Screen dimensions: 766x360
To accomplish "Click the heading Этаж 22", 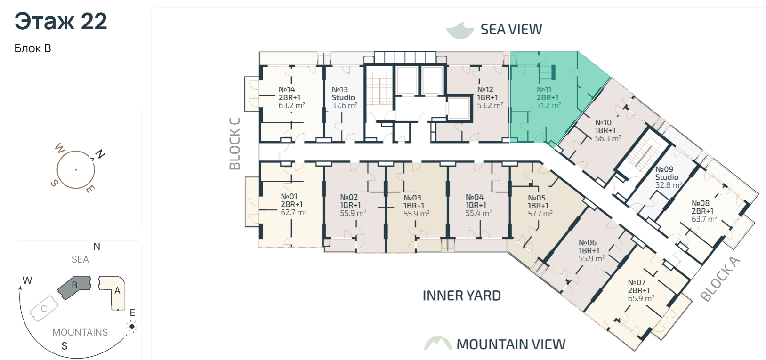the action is [61, 21].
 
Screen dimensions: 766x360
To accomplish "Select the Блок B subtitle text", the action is [33, 48].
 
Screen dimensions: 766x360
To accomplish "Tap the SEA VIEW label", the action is [511, 29].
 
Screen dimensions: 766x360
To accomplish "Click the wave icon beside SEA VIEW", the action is [460, 31].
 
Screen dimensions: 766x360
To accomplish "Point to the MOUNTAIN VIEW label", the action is [511, 344].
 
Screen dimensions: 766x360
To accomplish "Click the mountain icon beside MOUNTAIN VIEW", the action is [438, 343].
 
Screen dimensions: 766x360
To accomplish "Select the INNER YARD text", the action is [462, 296].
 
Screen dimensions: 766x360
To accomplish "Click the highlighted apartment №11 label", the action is [544, 89].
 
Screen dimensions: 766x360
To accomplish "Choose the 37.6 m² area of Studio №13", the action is [344, 105].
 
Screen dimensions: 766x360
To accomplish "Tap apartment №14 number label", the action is [287, 89].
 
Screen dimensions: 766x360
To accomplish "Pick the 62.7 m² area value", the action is [293, 212].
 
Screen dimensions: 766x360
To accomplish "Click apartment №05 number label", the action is [537, 198].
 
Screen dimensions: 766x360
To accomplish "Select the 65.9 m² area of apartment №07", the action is [641, 298].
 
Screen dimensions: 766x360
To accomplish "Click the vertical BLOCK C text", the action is [234, 144].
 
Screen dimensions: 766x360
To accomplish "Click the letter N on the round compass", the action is [100, 154].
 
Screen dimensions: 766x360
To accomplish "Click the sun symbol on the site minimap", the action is [132, 327].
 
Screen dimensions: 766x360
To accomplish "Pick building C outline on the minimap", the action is [44, 309].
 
